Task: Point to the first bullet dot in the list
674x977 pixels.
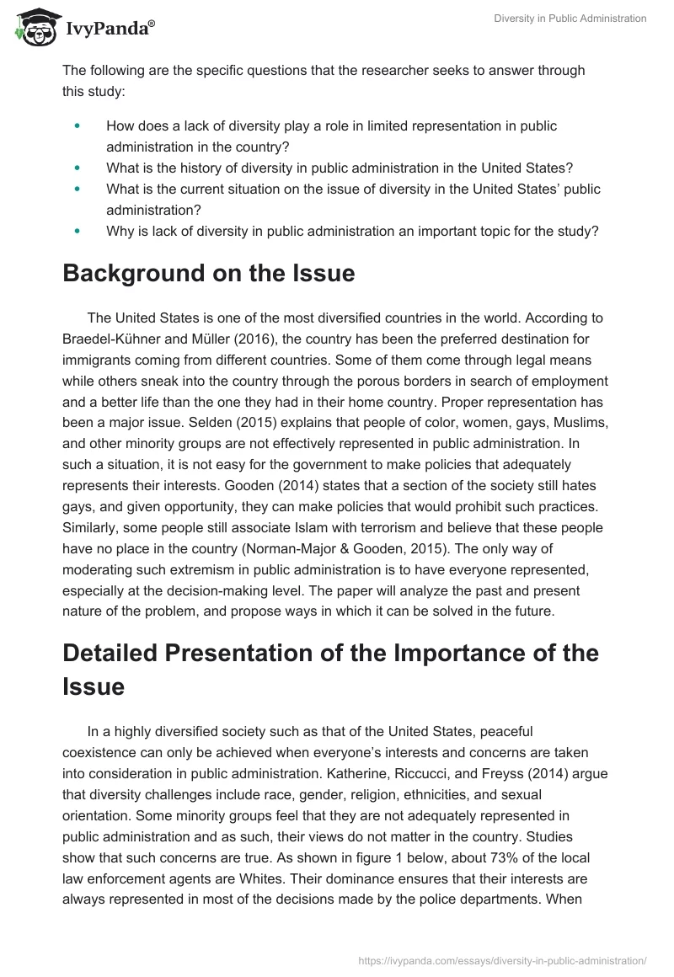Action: pos(78,125)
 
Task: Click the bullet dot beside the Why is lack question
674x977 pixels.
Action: pos(78,230)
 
